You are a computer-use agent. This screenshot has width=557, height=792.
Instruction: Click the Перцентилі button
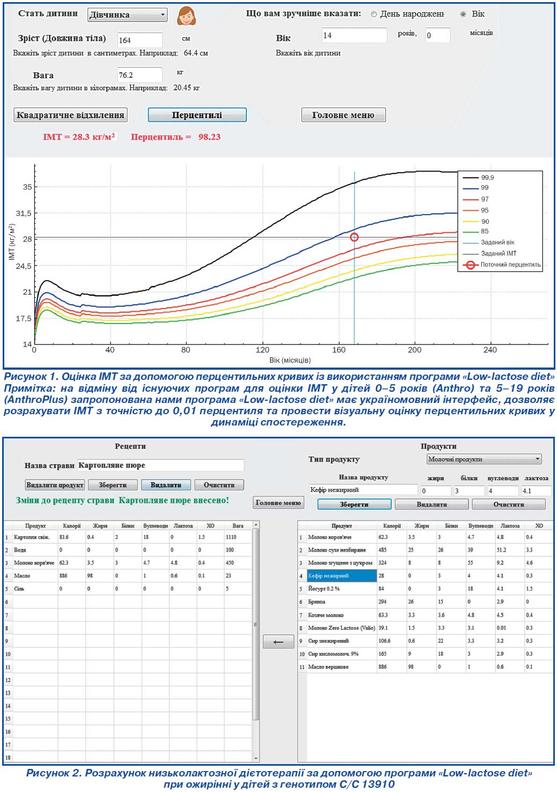click(197, 115)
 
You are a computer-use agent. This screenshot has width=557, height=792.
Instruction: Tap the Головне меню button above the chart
click(343, 115)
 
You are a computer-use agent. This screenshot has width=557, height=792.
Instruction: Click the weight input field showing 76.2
click(140, 75)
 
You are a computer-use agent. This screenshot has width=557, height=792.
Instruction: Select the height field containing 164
click(140, 40)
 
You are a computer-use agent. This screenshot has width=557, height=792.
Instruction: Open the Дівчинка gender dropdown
click(127, 15)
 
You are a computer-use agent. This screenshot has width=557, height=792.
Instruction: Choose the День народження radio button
click(374, 14)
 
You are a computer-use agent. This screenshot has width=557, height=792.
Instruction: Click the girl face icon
click(186, 16)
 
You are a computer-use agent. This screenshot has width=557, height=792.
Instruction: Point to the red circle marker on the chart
click(354, 237)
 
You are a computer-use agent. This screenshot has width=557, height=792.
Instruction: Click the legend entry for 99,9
click(478, 178)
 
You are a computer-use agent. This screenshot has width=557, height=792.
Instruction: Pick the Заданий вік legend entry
click(488, 243)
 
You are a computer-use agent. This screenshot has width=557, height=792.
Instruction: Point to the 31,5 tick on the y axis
click(23, 213)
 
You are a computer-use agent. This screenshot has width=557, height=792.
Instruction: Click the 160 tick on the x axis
click(339, 350)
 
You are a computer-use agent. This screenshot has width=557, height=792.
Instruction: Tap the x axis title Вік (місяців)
click(290, 360)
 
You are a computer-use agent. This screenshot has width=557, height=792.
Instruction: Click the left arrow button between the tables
click(278, 642)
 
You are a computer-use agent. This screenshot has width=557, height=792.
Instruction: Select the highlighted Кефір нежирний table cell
click(342, 576)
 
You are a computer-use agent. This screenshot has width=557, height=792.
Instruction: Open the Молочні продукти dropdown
click(484, 459)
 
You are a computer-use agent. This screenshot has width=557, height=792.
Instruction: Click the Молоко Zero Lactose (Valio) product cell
click(342, 628)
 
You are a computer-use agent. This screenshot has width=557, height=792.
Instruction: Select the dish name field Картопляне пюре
click(160, 465)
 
